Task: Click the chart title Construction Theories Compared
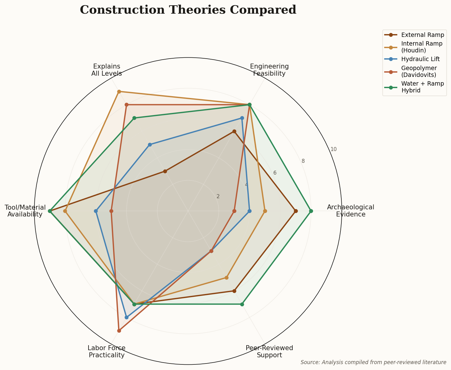[188, 10]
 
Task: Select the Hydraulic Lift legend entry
[420, 59]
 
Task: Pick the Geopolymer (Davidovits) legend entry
[419, 71]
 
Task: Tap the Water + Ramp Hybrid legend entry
[422, 87]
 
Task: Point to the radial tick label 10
[333, 149]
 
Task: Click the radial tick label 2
[218, 196]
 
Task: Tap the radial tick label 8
[303, 161]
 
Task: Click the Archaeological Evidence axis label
[350, 211]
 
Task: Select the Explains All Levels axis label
[107, 70]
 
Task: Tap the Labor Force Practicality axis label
[107, 351]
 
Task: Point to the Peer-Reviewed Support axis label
[269, 351]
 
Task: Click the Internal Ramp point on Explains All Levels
[119, 91]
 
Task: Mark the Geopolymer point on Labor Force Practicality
[119, 331]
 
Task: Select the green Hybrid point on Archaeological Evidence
[311, 211]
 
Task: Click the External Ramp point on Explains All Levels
[165, 171]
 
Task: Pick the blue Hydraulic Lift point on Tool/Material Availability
[96, 211]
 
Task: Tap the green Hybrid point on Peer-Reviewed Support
[242, 304]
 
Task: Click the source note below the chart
[373, 362]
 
